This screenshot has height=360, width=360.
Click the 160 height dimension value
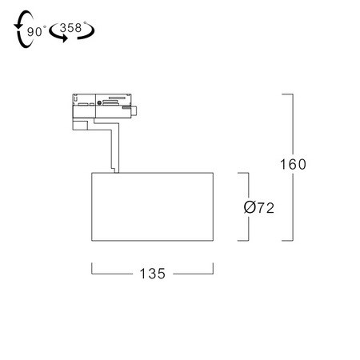[293, 164]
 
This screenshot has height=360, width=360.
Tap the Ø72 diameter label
[258, 207]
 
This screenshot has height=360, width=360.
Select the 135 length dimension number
[153, 274]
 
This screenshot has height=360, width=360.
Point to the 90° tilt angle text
[37, 31]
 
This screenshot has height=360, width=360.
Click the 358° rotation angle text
[72, 27]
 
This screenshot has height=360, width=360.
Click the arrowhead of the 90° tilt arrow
[18, 26]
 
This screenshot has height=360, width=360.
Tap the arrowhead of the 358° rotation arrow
[64, 38]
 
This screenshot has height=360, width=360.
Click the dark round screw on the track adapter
[99, 102]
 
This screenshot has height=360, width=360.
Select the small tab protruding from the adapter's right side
[134, 110]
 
